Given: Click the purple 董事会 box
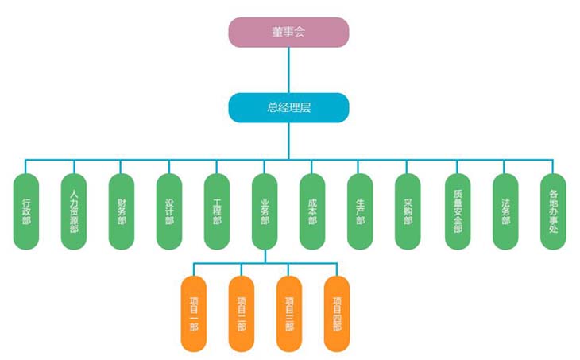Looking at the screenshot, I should coord(288,33).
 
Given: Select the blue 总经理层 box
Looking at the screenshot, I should coord(288,107).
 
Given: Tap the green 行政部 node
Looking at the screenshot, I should coord(27,211).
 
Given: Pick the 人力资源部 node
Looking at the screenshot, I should coord(74,211).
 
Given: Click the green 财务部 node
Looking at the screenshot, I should coord(121,211).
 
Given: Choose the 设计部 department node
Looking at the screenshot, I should coord(169,211).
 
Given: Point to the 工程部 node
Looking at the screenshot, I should coord(217,211).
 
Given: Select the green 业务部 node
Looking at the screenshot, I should coord(265,211).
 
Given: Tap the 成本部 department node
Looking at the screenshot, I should coord(312,211).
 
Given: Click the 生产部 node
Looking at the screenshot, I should coord(360,211).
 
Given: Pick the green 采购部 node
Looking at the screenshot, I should coord(408,211).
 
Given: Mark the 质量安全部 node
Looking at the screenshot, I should coord(457,211).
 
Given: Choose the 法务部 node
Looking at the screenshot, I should coord(505,211).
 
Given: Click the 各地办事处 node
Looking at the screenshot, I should coord(553,211).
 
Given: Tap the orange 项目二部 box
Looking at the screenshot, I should coord(242,313).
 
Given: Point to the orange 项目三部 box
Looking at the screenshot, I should coord(289,313).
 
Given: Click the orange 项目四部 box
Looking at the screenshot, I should coord(337,313).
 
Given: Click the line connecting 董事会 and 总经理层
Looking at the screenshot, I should coord(288,70).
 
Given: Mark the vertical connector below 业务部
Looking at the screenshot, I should coord(265,256).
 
